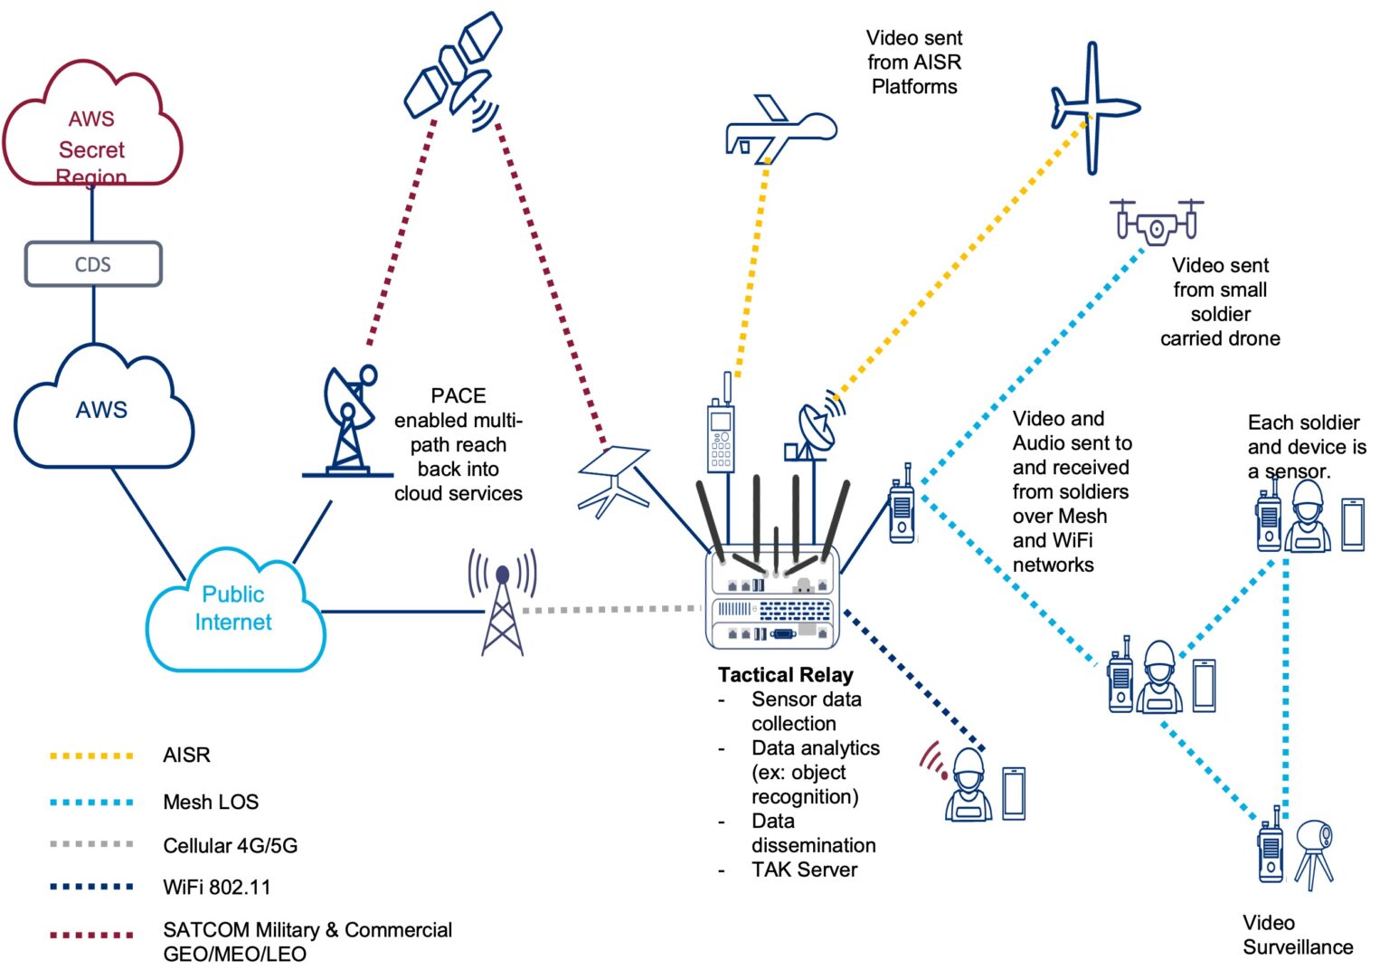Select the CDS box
(92, 264)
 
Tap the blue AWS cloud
(102, 412)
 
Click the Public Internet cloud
(233, 609)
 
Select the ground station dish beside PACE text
(348, 421)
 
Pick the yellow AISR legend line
(91, 756)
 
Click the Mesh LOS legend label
(211, 802)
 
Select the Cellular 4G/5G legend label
(230, 845)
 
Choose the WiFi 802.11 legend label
(216, 887)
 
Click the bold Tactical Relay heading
(785, 675)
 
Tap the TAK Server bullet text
(804, 870)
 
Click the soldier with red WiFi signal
(968, 787)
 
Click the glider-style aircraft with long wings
(1094, 107)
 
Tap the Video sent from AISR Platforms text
(913, 62)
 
